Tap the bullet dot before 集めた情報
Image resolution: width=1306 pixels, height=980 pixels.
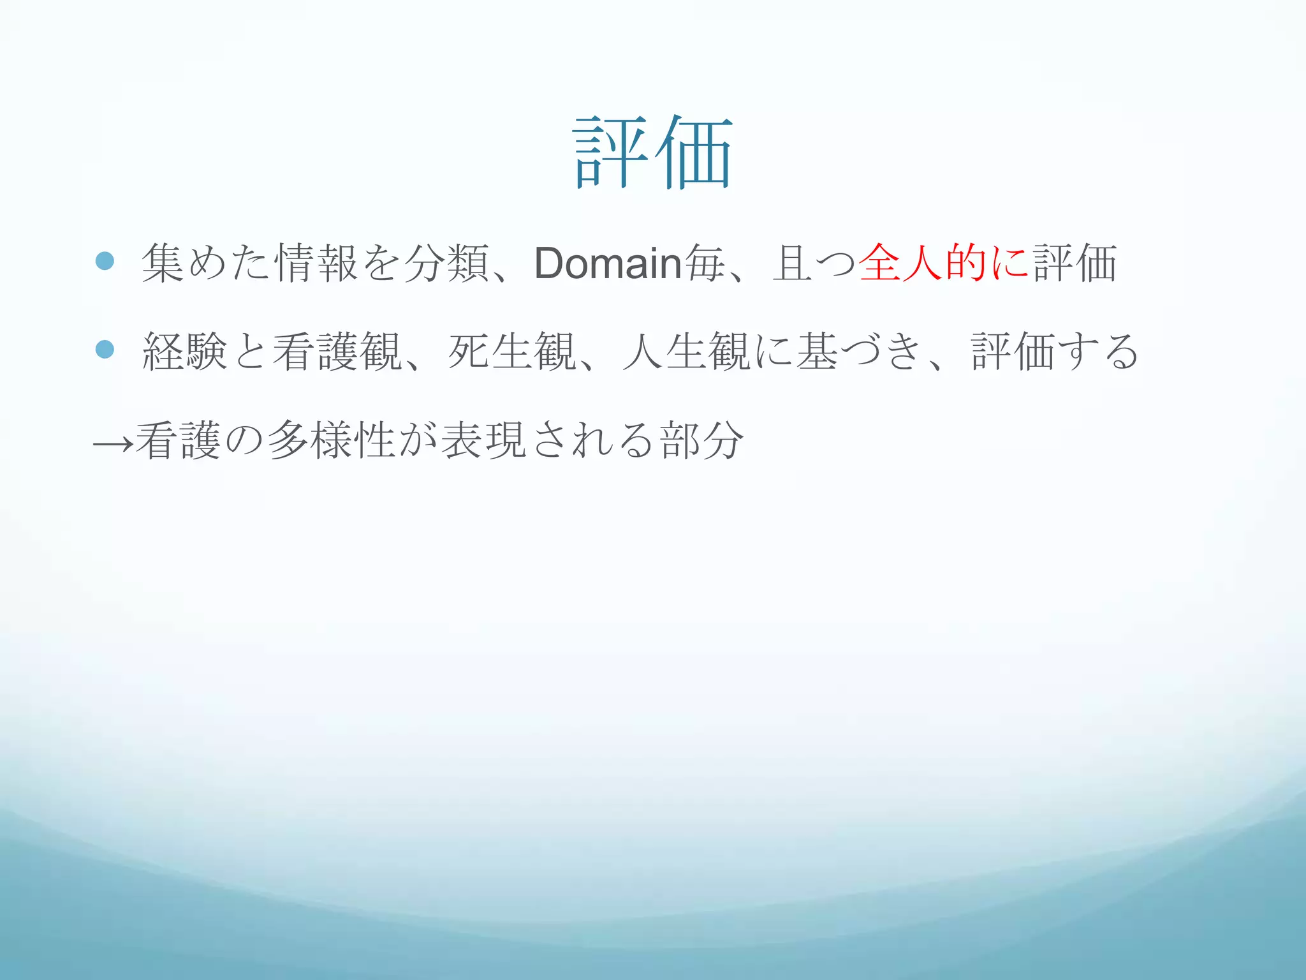pyautogui.click(x=105, y=261)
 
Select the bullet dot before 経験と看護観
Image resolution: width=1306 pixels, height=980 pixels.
pyautogui.click(x=105, y=349)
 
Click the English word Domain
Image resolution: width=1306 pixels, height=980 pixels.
pyautogui.click(x=608, y=263)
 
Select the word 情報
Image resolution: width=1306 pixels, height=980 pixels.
pyautogui.click(x=316, y=263)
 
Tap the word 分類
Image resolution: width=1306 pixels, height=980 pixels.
pyautogui.click(x=446, y=263)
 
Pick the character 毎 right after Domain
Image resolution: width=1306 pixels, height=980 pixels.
pyautogui.click(x=704, y=263)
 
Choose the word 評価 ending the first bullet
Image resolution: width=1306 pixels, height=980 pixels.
pyautogui.click(x=1075, y=263)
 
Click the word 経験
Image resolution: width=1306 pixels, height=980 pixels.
pyautogui.click(x=186, y=352)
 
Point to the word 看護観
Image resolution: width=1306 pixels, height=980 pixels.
pyautogui.click(x=337, y=352)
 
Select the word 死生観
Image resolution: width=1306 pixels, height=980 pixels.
pyautogui.click(x=512, y=352)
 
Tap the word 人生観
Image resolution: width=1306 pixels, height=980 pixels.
pyautogui.click(x=686, y=352)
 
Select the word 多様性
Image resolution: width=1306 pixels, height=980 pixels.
pyautogui.click(x=332, y=440)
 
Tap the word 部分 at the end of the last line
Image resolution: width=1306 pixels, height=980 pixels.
pyautogui.click(x=702, y=440)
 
